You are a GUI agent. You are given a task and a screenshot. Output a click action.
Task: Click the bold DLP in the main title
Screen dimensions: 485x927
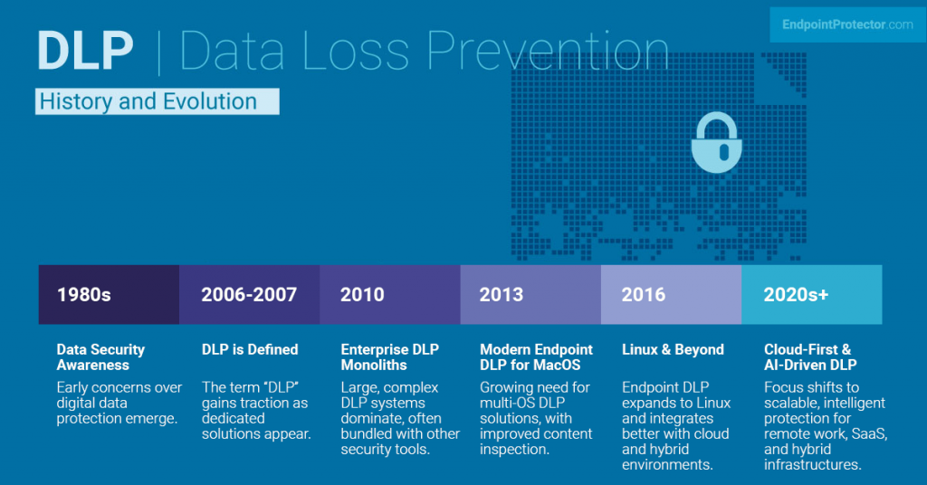tap(85, 52)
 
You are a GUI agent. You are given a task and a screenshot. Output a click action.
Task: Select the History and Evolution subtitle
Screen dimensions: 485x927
tap(148, 101)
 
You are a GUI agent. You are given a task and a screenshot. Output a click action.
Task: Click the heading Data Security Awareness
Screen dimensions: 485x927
tap(100, 357)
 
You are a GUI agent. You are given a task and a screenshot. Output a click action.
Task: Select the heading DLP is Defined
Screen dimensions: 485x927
tap(250, 349)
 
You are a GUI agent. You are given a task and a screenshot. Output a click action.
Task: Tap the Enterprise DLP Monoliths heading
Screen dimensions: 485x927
tap(389, 357)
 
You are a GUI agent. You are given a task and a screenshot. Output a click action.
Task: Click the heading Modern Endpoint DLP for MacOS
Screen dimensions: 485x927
tap(536, 357)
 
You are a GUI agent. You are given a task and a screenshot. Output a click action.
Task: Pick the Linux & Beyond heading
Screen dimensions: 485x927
tap(673, 349)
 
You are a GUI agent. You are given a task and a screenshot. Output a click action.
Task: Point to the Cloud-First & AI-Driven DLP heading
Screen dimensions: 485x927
tap(810, 357)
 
